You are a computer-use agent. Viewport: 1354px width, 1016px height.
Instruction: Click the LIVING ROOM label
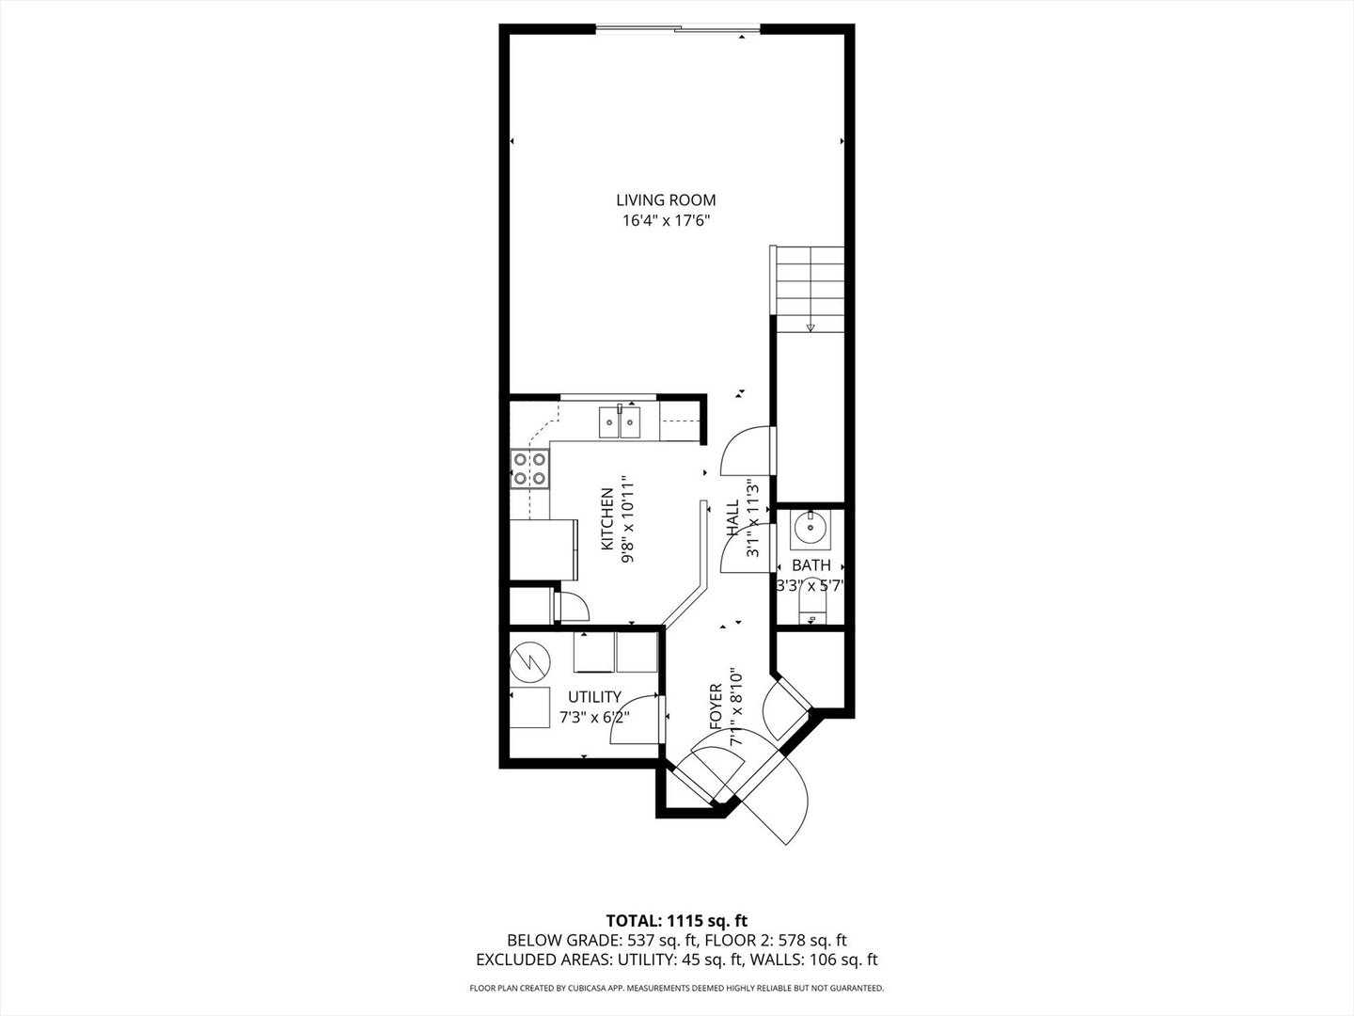click(x=666, y=199)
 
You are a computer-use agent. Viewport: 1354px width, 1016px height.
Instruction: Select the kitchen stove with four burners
click(x=529, y=468)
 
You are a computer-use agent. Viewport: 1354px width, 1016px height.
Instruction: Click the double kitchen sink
click(x=620, y=422)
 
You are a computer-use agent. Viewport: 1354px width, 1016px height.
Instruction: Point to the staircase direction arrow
click(x=811, y=326)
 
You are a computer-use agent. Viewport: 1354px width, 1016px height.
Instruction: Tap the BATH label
click(x=811, y=565)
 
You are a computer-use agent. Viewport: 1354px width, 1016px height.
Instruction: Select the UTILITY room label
click(x=594, y=697)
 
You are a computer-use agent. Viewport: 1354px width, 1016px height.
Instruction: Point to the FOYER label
click(x=716, y=707)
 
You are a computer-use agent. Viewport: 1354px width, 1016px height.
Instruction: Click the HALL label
click(x=732, y=518)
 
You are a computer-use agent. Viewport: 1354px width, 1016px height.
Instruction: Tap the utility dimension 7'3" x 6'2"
click(x=594, y=717)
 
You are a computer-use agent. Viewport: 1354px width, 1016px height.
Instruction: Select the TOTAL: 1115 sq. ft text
click(x=676, y=920)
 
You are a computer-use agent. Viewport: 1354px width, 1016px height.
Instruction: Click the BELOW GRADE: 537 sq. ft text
click(x=602, y=940)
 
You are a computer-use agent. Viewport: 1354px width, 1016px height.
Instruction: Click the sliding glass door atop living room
click(x=677, y=29)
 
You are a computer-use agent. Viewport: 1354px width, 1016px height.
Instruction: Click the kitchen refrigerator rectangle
click(x=543, y=549)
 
